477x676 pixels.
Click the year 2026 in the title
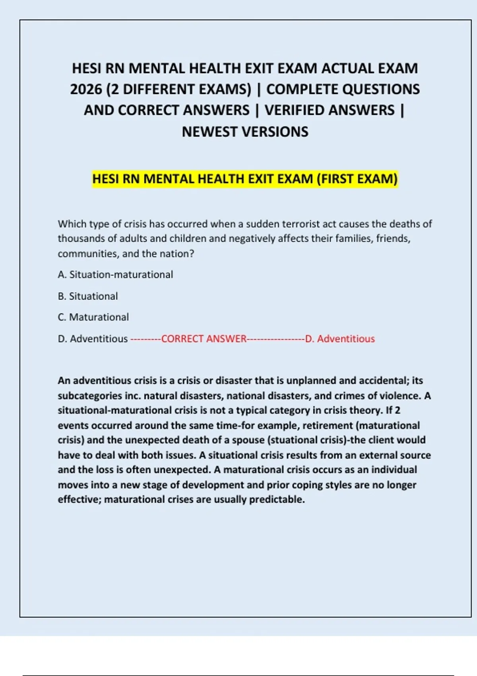point(86,89)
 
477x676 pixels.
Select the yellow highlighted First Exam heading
point(245,179)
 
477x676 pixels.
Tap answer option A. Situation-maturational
point(115,275)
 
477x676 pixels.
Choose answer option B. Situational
point(88,296)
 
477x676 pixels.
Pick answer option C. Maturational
point(93,317)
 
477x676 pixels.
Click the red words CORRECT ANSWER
point(204,339)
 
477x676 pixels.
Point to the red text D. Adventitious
point(340,339)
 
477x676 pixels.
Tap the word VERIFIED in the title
point(330,111)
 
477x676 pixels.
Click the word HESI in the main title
point(87,68)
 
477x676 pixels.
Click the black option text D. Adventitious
point(93,339)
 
